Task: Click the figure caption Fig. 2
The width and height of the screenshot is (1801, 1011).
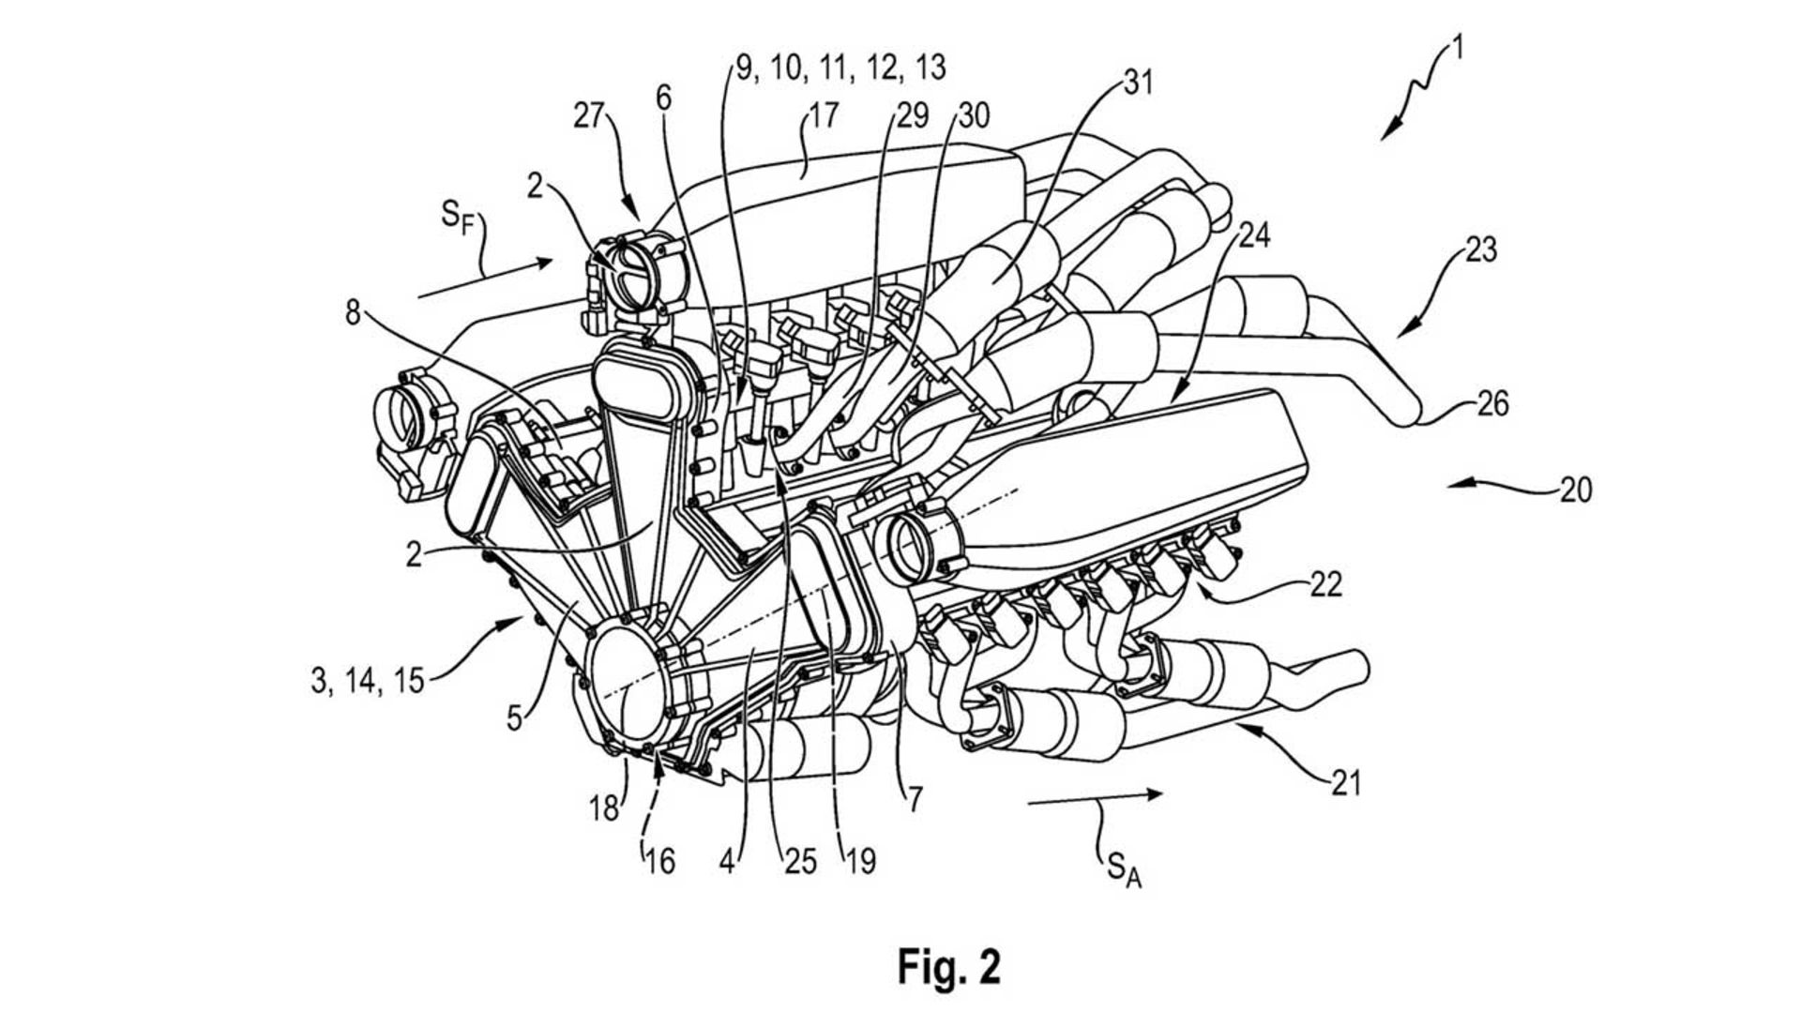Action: [948, 965]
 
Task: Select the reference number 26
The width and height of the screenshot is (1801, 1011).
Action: [1492, 404]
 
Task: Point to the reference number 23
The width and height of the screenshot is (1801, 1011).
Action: [1480, 250]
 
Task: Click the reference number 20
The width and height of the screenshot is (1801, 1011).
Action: [1576, 490]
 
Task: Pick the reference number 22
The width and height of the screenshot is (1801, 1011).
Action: [1324, 584]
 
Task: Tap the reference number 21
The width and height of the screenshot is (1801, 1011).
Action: [1344, 781]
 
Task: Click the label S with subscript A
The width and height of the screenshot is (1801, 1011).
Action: [1124, 869]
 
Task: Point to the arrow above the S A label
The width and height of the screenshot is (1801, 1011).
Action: [1095, 798]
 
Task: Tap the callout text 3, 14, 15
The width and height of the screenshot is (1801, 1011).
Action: [368, 680]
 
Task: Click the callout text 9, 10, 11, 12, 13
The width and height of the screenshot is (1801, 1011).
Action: [840, 68]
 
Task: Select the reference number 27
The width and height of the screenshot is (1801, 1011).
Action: [590, 116]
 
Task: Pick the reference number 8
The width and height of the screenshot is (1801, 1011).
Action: [353, 312]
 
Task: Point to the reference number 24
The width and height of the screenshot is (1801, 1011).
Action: [1255, 235]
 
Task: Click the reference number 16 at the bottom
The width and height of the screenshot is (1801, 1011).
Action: [659, 861]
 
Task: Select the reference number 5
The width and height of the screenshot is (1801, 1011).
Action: [514, 717]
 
